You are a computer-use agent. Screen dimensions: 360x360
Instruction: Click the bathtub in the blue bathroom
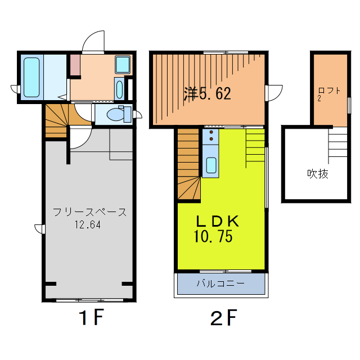pyautogui.click(x=31, y=77)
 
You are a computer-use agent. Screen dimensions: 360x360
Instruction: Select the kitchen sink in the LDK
pyautogui.click(x=211, y=165)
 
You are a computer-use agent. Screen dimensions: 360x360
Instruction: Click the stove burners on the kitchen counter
pyautogui.click(x=211, y=136)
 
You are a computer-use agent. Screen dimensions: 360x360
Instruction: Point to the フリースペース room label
pyautogui.click(x=89, y=212)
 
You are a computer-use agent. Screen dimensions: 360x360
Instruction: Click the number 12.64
pyautogui.click(x=88, y=224)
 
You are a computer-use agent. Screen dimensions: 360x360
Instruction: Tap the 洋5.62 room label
pyautogui.click(x=207, y=93)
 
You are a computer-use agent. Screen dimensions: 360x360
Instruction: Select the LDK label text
pyautogui.click(x=217, y=221)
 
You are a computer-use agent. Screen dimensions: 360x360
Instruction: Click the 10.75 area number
pyautogui.click(x=213, y=236)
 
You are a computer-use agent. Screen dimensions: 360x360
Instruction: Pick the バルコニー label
pyautogui.click(x=220, y=283)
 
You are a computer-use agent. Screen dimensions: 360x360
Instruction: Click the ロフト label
pyautogui.click(x=329, y=91)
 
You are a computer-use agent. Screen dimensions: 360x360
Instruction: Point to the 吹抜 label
pyautogui.click(x=318, y=174)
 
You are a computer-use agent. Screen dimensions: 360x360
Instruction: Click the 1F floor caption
pyautogui.click(x=91, y=317)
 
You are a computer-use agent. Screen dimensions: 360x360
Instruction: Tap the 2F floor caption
pyautogui.click(x=224, y=317)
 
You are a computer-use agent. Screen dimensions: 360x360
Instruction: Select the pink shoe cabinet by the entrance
pyautogui.click(x=75, y=65)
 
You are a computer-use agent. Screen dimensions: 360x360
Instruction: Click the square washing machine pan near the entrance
pyautogui.click(x=123, y=65)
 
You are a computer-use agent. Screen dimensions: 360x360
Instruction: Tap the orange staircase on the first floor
pyautogui.click(x=57, y=120)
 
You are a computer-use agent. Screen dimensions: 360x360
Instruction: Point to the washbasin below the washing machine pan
pyautogui.click(x=119, y=89)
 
